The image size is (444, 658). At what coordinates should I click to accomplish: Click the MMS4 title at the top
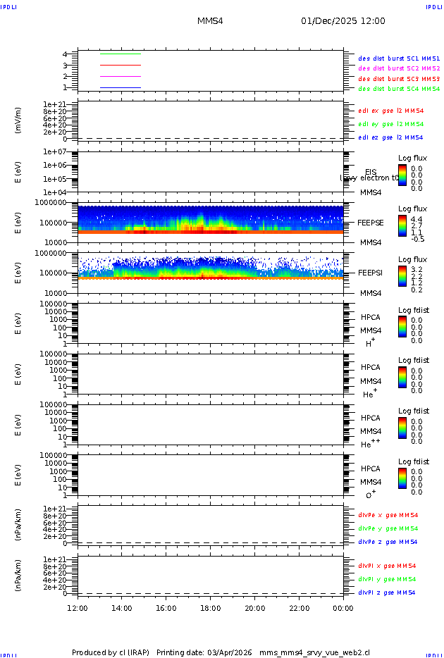[210, 21]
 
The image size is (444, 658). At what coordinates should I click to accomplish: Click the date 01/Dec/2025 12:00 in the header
[343, 21]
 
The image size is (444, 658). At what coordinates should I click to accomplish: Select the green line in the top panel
[121, 54]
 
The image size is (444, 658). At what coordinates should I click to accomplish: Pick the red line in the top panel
[121, 65]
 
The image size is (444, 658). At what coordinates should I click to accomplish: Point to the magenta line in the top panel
[121, 76]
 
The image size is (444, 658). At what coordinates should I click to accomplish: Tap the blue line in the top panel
[121, 87]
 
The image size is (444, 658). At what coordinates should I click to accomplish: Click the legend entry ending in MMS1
[399, 58]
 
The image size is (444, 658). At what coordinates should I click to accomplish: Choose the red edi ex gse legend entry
[391, 111]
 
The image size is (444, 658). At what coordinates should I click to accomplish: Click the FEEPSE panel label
[371, 223]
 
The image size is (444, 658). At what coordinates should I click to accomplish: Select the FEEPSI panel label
[371, 273]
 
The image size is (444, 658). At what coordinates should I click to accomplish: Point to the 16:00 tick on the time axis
[166, 608]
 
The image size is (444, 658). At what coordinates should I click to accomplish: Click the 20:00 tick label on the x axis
[255, 608]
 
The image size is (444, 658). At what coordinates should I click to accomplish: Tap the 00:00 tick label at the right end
[343, 608]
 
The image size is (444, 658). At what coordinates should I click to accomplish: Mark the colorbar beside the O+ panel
[402, 478]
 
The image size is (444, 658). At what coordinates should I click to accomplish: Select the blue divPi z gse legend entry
[387, 592]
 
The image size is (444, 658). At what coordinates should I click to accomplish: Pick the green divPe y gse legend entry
[388, 528]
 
